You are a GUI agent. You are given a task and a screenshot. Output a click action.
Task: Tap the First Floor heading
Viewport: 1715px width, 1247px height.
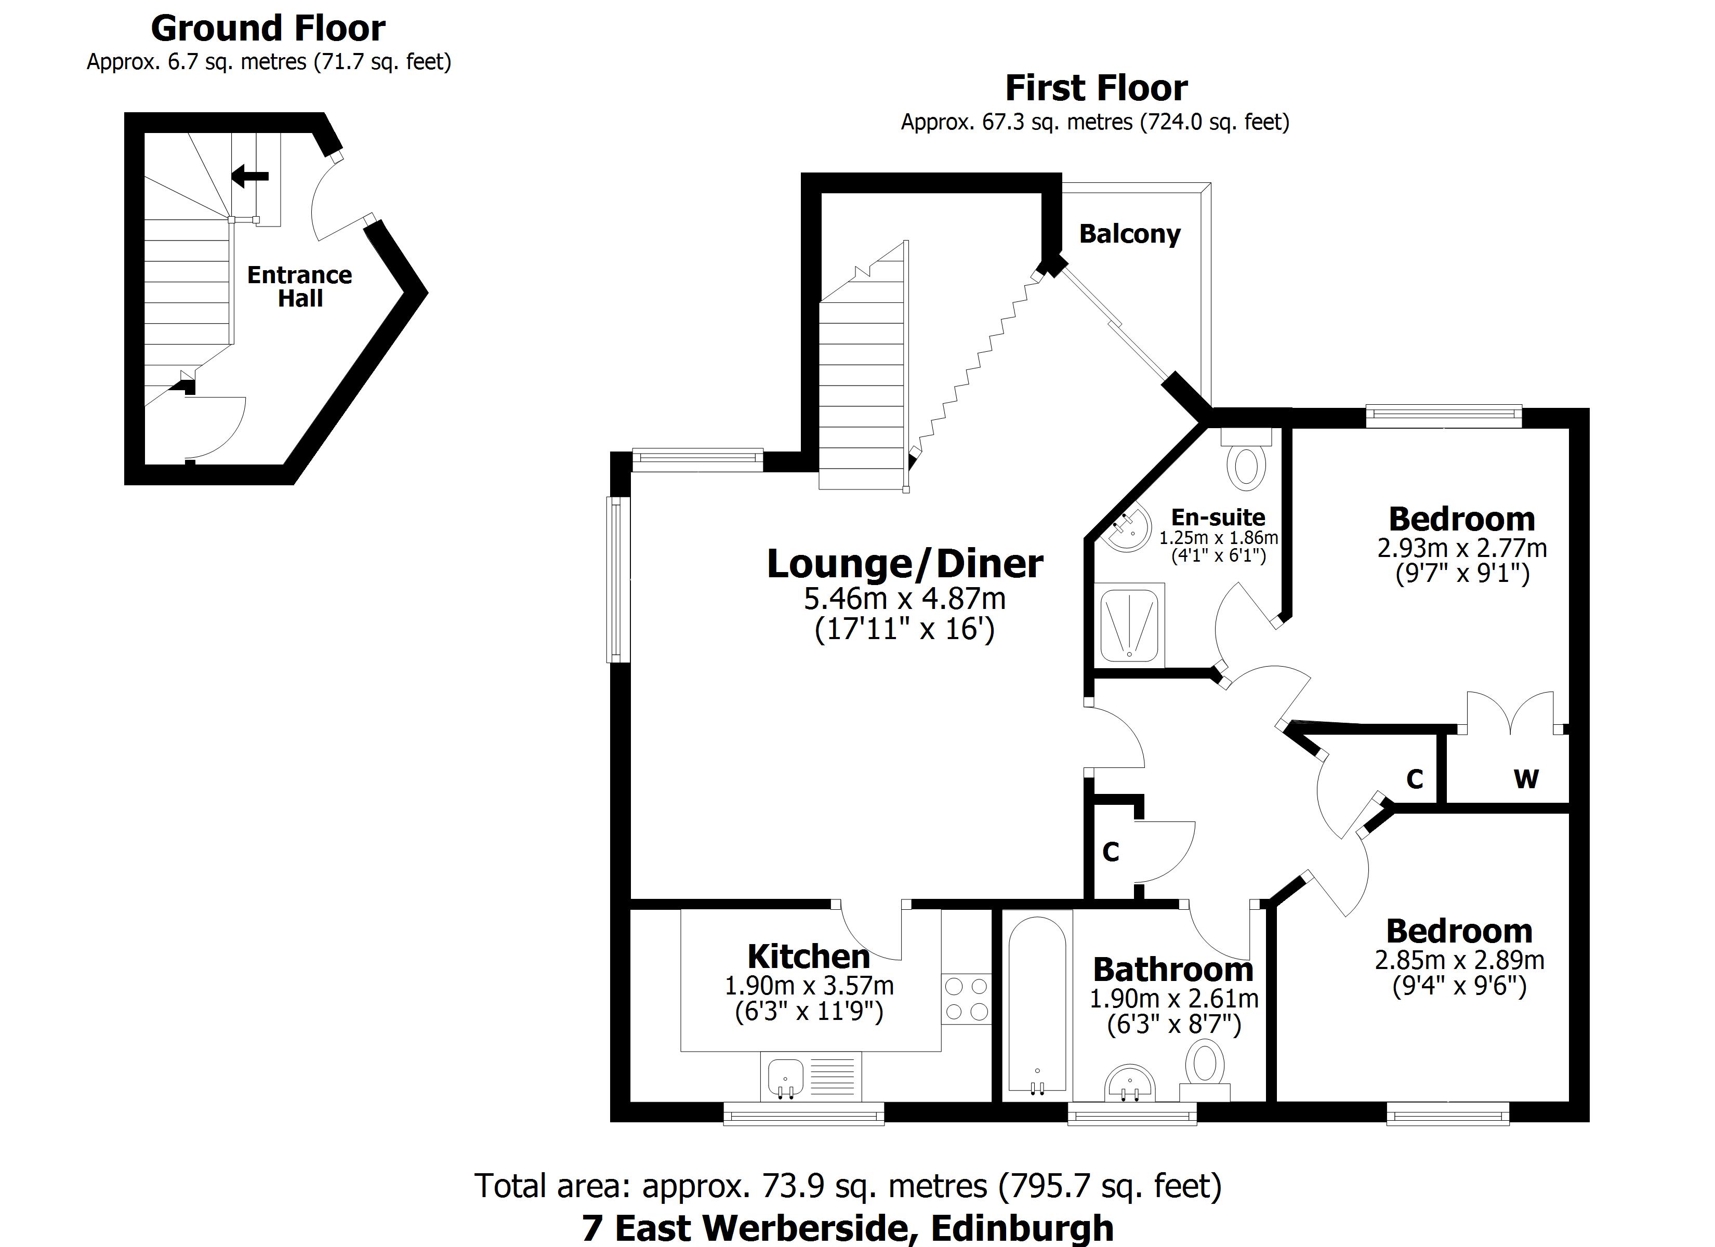click(1096, 88)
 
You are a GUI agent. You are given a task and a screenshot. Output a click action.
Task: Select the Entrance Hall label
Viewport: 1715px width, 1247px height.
click(299, 287)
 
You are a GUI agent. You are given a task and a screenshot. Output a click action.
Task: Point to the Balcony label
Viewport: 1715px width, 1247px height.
click(1130, 234)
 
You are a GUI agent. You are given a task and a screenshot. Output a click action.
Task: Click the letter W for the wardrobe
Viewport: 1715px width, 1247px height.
click(1526, 779)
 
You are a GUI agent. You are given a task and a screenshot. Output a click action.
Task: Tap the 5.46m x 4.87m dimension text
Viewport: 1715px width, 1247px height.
click(904, 599)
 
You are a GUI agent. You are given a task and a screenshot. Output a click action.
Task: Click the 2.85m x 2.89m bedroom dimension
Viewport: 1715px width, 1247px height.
click(1459, 960)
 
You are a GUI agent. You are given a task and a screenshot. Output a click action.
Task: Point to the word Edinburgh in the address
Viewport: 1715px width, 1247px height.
click(1022, 1229)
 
